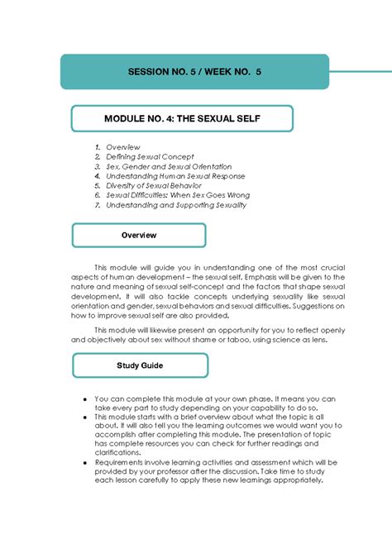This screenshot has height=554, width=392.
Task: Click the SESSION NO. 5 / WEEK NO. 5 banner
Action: pyautogui.click(x=194, y=72)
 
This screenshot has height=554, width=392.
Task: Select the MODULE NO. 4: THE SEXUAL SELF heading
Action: pyautogui.click(x=182, y=119)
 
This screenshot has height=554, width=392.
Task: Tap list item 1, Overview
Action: pyautogui.click(x=123, y=146)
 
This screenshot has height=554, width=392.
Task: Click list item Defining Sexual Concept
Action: pyautogui.click(x=150, y=156)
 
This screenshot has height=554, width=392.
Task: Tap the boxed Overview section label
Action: pyautogui.click(x=139, y=235)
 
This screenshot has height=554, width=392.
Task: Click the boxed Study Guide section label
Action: pyautogui.click(x=139, y=365)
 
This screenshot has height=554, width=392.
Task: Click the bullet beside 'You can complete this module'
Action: pyautogui.click(x=85, y=398)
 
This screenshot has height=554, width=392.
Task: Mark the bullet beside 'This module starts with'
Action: pyautogui.click(x=85, y=417)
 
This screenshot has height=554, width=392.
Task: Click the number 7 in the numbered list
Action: pyautogui.click(x=97, y=205)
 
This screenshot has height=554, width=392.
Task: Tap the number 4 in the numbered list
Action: pyautogui.click(x=97, y=176)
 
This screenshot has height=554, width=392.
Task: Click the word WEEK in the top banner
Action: pyautogui.click(x=223, y=72)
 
